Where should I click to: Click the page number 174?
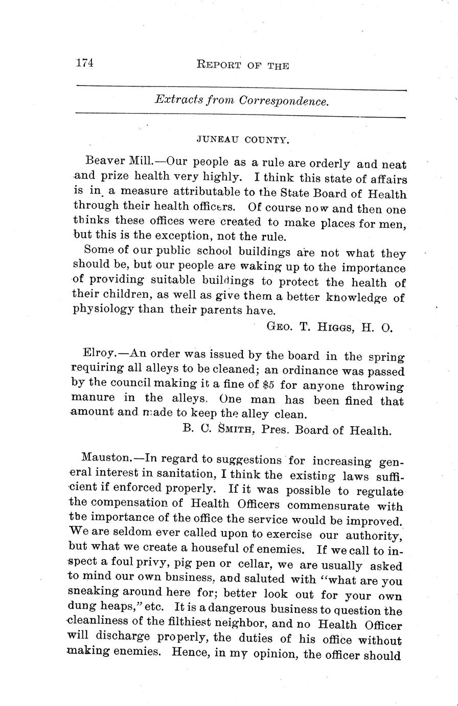click(84, 63)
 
